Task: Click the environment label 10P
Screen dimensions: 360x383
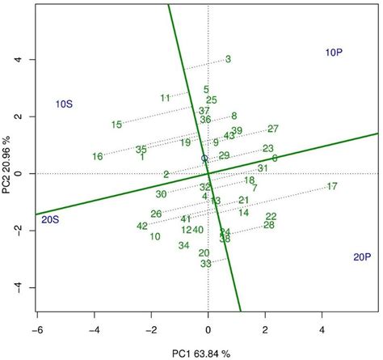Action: pos(335,53)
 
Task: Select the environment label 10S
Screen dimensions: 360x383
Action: pos(65,104)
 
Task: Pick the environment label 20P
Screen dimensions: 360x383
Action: pos(362,257)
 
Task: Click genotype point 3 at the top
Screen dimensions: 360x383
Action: pos(229,59)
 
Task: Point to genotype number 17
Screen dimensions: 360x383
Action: pos(331,187)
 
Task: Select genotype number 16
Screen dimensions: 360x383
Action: pos(98,156)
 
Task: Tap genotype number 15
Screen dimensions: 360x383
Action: pos(116,125)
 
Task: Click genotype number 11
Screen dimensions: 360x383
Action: pos(166,98)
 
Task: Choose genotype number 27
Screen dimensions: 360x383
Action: pos(273,129)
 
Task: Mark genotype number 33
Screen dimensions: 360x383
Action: pos(206,264)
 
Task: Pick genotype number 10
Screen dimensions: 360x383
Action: pos(154,236)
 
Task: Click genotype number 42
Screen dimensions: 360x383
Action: pos(142,226)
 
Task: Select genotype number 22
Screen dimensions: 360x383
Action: pos(271,216)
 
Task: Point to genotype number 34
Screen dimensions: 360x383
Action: pos(184,245)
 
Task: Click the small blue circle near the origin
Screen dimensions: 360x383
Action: pos(204,159)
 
